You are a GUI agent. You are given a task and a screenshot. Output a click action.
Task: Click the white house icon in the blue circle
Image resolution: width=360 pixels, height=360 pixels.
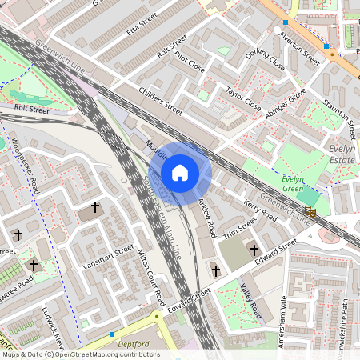pyautogui.click(x=180, y=173)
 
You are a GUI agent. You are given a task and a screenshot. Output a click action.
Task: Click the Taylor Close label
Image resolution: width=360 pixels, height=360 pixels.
pyautogui.click(x=243, y=98)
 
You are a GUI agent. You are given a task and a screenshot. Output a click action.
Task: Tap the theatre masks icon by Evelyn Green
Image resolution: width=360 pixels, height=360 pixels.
pyautogui.click(x=312, y=211)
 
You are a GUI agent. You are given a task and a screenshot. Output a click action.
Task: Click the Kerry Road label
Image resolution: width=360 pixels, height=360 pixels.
pyautogui.click(x=261, y=210)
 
